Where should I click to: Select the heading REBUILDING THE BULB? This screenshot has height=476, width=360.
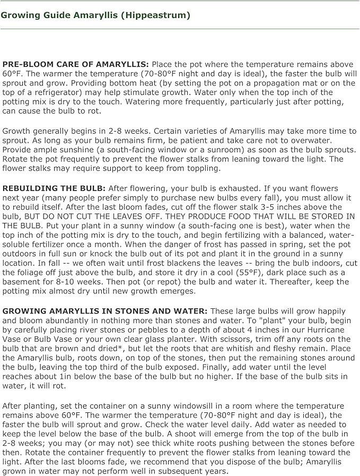click(x=54, y=188)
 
